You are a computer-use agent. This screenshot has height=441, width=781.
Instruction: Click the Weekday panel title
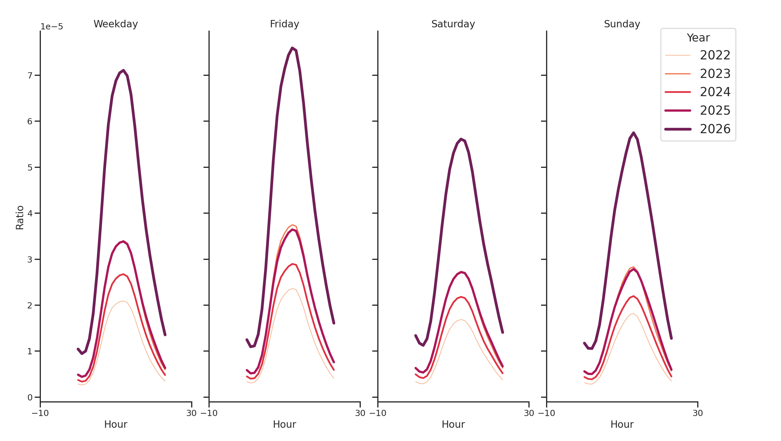point(116,24)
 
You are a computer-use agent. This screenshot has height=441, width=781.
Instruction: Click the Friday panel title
point(284,24)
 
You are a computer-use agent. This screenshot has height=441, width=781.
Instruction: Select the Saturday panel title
point(453,24)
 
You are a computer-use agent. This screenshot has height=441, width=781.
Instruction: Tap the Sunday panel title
point(622,24)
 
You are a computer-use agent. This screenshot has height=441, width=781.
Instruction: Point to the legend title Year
point(698,38)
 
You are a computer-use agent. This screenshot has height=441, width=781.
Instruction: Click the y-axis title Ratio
point(20,217)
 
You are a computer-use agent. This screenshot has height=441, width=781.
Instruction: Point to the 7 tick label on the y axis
point(30,76)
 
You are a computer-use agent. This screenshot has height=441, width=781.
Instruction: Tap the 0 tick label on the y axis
point(30,397)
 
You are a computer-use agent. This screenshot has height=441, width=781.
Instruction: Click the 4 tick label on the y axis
point(30,213)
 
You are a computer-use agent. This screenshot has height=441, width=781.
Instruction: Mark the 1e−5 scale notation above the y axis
point(52,27)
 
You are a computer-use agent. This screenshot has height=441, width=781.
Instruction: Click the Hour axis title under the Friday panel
point(284,424)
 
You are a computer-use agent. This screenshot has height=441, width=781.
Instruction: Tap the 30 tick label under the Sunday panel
point(697,413)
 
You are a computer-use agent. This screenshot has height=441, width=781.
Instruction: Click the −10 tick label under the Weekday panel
point(40,413)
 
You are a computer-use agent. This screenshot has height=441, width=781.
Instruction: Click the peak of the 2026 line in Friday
point(292,48)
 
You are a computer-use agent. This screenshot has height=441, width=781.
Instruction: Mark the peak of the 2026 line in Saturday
point(461,139)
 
